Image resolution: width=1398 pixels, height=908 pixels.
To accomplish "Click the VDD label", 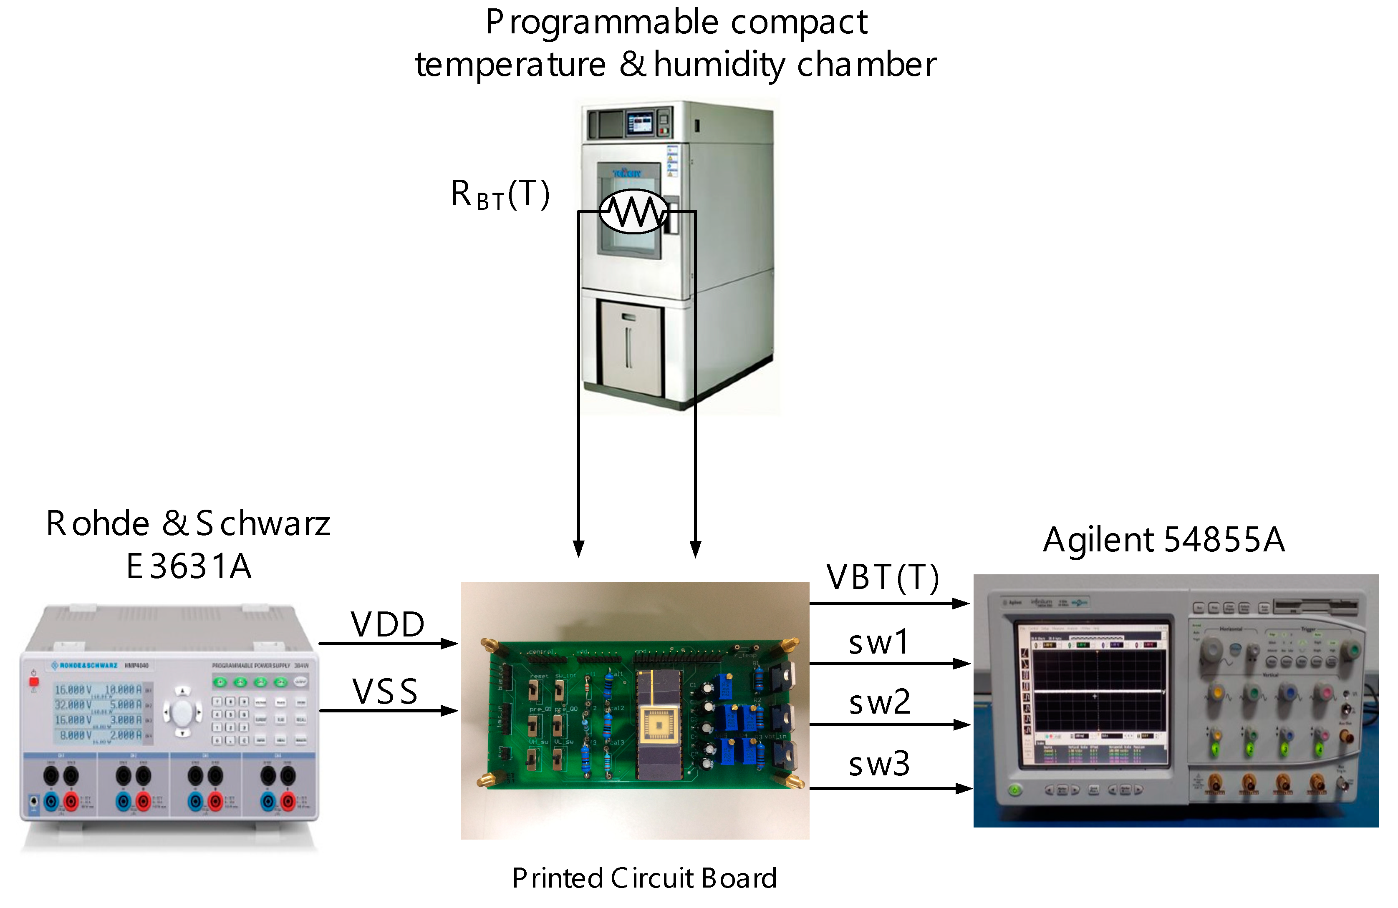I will click(x=388, y=624).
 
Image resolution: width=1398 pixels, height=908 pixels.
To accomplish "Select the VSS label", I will click(x=385, y=692).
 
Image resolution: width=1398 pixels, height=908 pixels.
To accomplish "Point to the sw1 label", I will click(x=879, y=642).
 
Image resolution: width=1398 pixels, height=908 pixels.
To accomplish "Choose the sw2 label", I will click(x=879, y=702).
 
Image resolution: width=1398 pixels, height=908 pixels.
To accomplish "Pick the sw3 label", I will click(x=879, y=764).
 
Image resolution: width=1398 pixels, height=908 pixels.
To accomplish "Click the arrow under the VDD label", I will click(x=388, y=644).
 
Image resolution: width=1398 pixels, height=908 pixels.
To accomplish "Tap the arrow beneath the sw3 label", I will click(x=889, y=788).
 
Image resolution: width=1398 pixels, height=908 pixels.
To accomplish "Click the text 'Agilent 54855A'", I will click(x=1163, y=539).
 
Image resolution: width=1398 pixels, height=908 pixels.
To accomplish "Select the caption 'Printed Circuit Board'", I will click(x=644, y=878).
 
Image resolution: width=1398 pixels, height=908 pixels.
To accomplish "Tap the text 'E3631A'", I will click(x=189, y=566).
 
